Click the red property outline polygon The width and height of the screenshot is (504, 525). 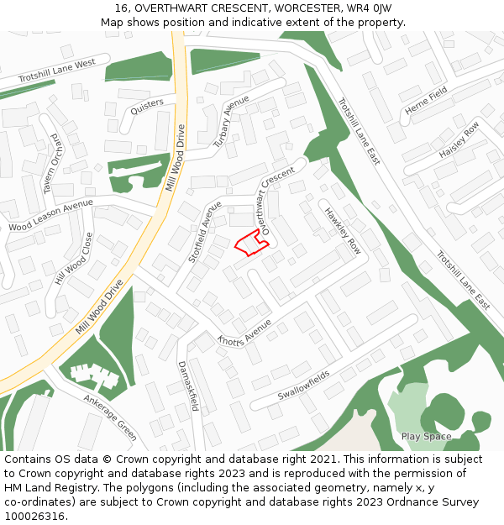(x=251, y=242)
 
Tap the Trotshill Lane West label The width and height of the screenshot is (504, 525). (x=56, y=72)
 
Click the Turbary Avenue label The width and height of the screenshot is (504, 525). (x=232, y=122)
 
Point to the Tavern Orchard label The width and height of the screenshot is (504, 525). (x=53, y=163)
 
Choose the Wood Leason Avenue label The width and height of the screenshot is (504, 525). (x=50, y=216)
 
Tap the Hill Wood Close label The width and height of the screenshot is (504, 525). (x=71, y=259)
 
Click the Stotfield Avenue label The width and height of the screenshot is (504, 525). (x=206, y=232)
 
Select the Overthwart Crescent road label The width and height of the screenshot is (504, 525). (x=278, y=200)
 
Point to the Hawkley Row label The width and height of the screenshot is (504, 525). (x=342, y=231)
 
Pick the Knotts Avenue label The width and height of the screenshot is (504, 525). (x=244, y=333)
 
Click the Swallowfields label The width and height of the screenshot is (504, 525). (x=304, y=383)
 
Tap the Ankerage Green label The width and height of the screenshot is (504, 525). (x=110, y=417)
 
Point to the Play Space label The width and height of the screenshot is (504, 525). (x=426, y=437)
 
